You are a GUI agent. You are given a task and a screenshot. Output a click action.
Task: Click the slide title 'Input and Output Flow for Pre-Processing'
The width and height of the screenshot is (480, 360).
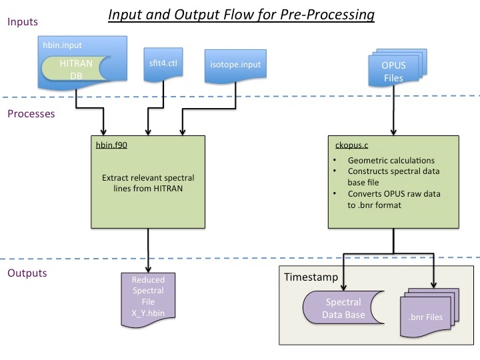point(241,13)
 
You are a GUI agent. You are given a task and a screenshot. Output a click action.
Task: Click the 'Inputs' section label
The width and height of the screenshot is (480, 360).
point(22,22)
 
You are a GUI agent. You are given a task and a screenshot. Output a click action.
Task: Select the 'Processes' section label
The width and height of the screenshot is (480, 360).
point(31,114)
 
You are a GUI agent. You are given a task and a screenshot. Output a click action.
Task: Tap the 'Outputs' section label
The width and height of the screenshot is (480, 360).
point(27,273)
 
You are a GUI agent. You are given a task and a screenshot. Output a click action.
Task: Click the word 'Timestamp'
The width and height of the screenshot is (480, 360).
point(311,277)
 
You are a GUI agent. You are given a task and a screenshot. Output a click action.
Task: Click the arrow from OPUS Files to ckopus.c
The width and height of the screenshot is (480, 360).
point(391,113)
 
